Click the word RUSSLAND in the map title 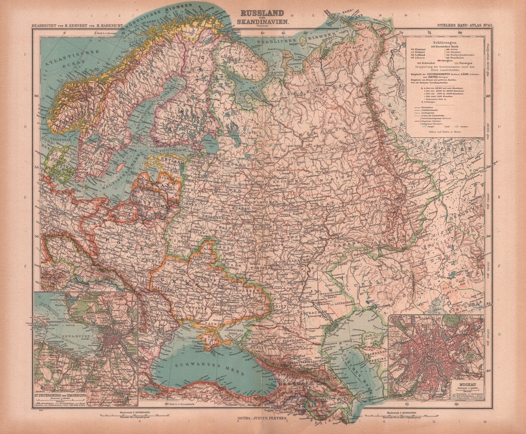click(x=262, y=15)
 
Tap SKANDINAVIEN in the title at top click(x=262, y=23)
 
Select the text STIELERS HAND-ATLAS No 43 click(x=463, y=25)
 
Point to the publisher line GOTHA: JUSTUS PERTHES click(x=262, y=419)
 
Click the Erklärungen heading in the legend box click(x=445, y=42)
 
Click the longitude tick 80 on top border click(x=460, y=33)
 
